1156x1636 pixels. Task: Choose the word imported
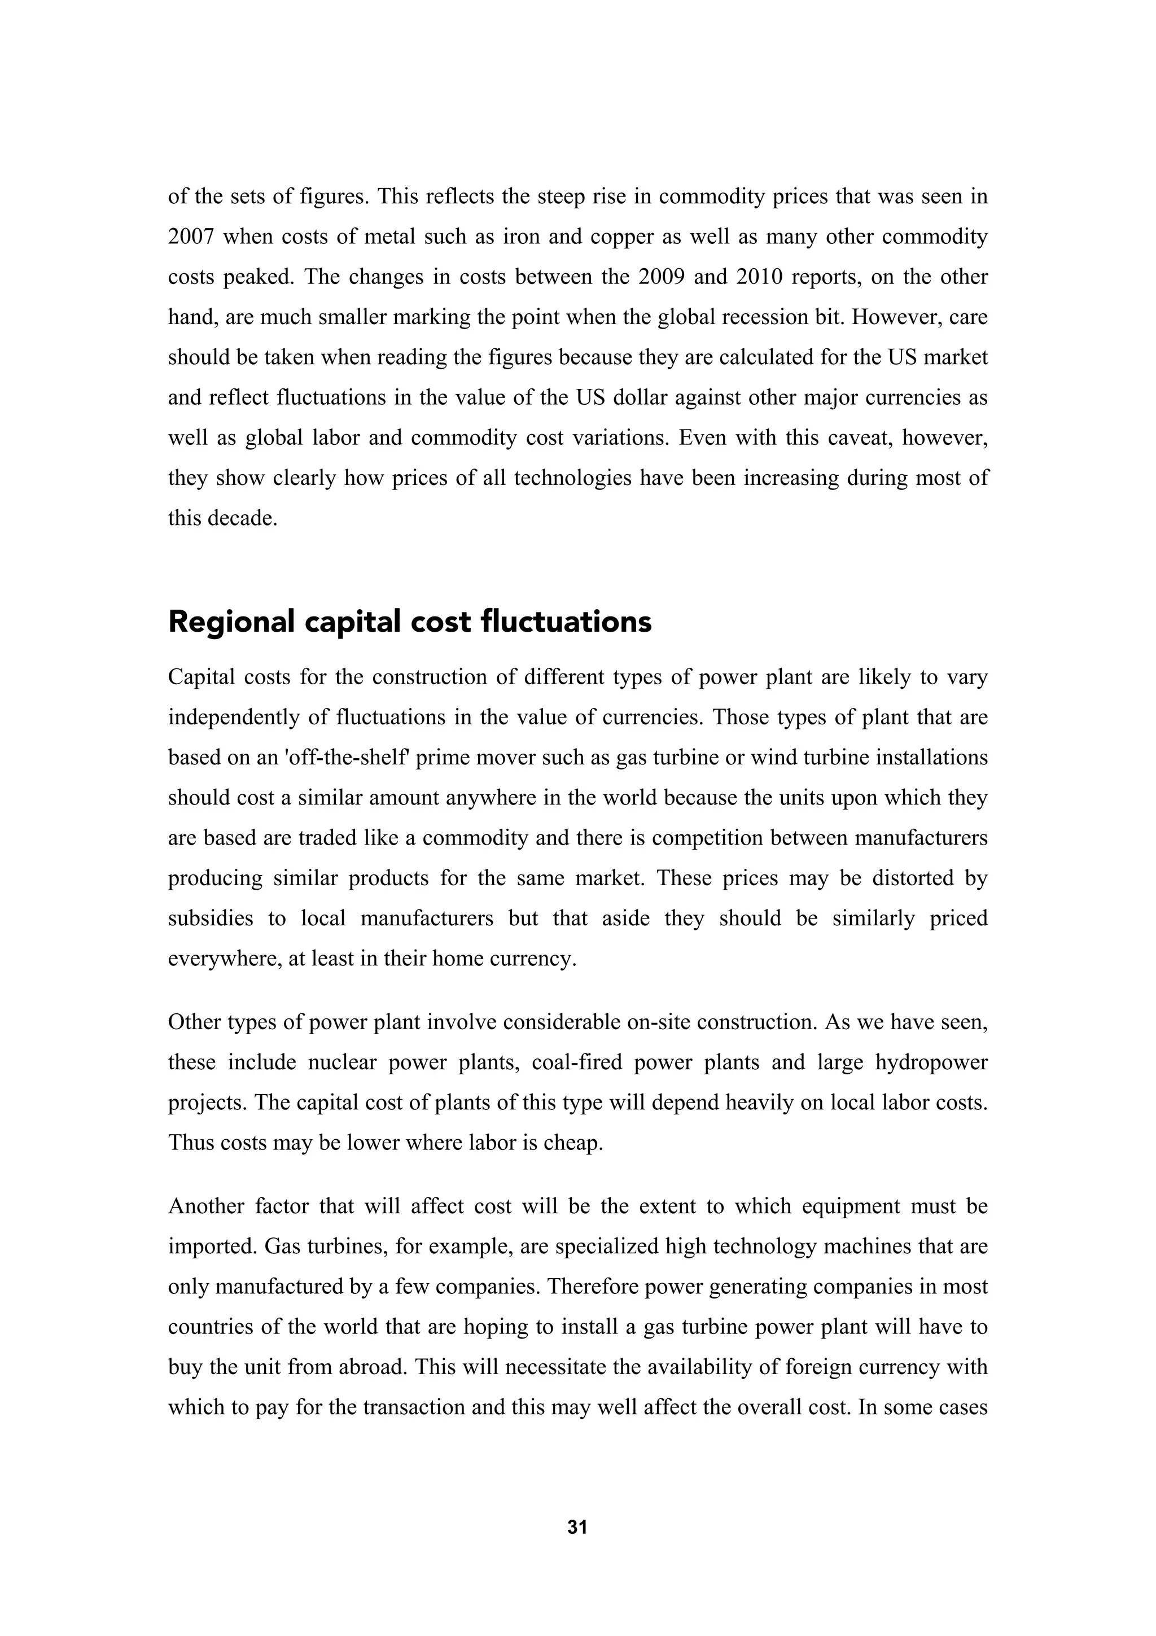tap(212, 1247)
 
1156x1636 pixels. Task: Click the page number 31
tap(577, 1527)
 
